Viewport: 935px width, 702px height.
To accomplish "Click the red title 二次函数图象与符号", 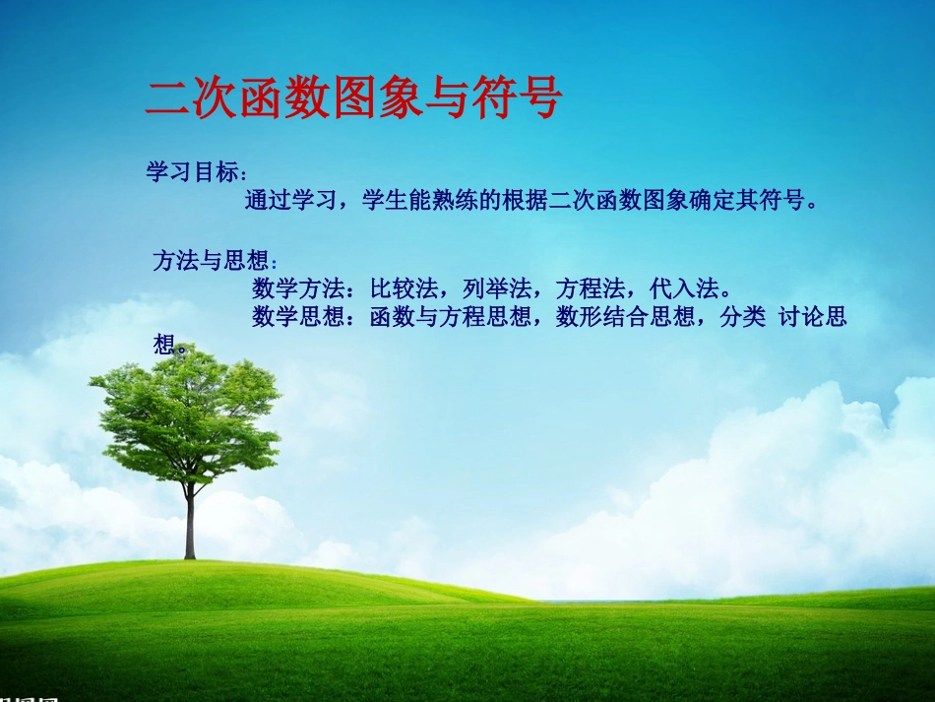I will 353,98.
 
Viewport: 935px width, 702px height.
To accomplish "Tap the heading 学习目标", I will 193,172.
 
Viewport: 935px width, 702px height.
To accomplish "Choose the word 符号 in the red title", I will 516,98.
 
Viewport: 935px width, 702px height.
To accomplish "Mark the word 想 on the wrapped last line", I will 163,345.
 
